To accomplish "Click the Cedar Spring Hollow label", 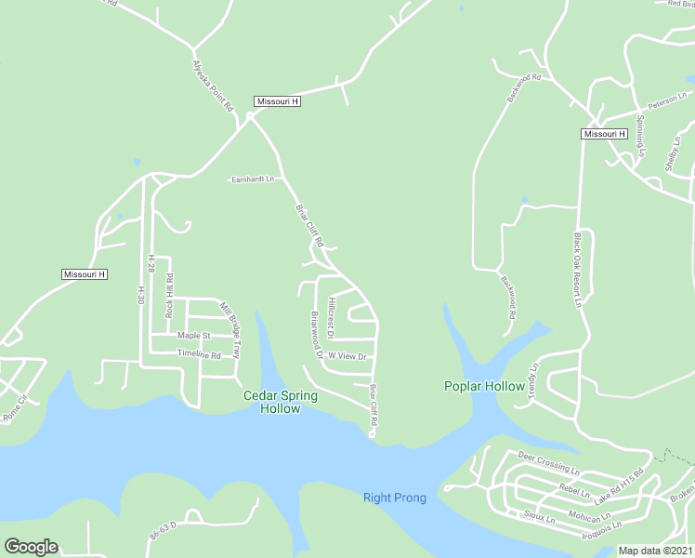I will point(281,402).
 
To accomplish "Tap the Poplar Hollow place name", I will point(484,386).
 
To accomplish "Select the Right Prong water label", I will point(394,498).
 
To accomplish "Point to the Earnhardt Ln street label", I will point(253,179).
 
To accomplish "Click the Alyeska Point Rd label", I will point(212,86).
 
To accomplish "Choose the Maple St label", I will point(194,335).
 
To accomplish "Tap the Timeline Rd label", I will point(199,355).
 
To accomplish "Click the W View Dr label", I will point(348,356).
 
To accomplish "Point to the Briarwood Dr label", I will point(316,335).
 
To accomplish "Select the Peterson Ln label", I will point(667,100).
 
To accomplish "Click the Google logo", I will point(31,547).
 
